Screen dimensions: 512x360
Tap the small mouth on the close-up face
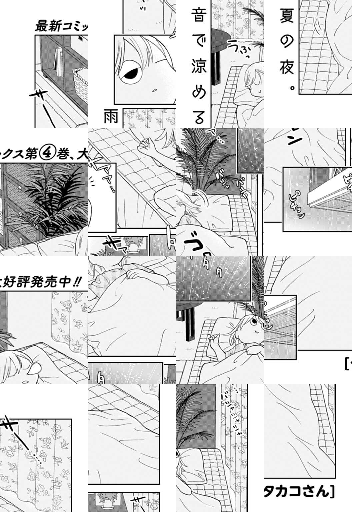pos(154,90)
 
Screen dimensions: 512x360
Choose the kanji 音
pos(199,15)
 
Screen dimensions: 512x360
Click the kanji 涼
pos(199,67)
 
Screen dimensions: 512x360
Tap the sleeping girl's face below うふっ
pos(253,80)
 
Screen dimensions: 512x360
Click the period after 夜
pos(292,89)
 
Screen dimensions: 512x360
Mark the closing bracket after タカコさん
pos(331,491)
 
